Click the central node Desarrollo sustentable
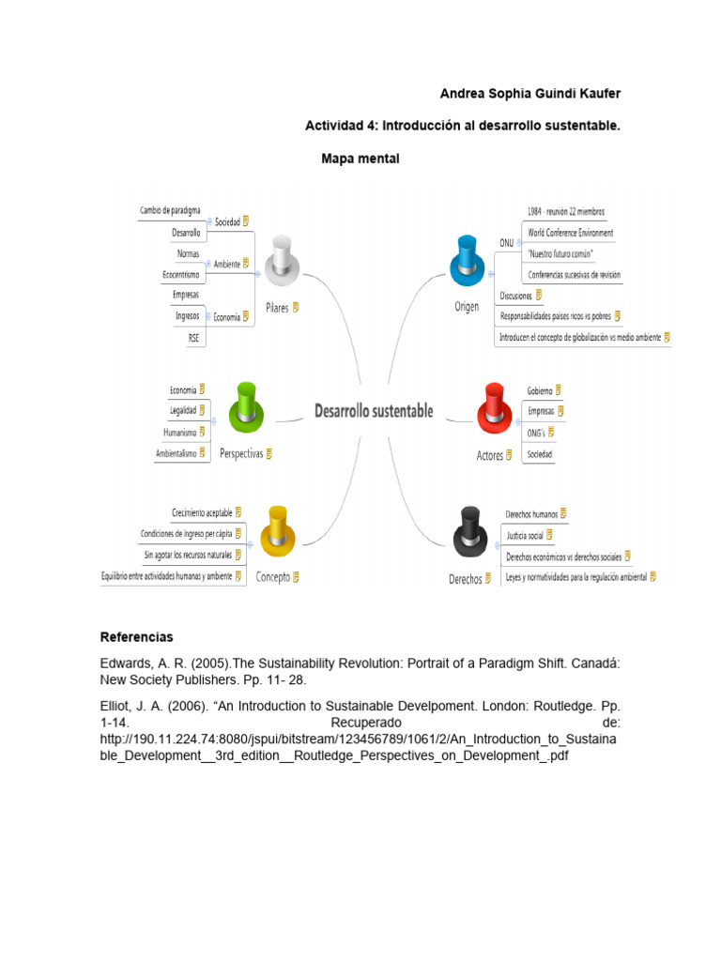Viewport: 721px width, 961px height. point(374,410)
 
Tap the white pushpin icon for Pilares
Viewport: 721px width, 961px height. point(280,260)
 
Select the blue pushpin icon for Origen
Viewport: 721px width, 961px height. point(467,260)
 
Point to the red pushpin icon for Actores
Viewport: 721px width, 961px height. point(493,408)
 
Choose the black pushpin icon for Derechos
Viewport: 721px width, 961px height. point(467,533)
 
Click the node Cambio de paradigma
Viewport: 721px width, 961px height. point(170,210)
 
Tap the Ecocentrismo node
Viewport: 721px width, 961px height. point(181,275)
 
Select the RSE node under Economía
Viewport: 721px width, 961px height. point(193,338)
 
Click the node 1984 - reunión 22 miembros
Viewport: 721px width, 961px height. point(565,211)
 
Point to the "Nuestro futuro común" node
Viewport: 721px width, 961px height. point(560,253)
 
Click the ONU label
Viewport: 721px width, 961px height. point(506,242)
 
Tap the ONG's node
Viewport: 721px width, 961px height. point(536,433)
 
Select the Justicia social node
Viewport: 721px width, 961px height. point(525,535)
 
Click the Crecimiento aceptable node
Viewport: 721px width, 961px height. point(202,511)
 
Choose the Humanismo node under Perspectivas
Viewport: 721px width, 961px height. point(179,433)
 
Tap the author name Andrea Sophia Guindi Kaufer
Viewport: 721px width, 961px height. point(530,94)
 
